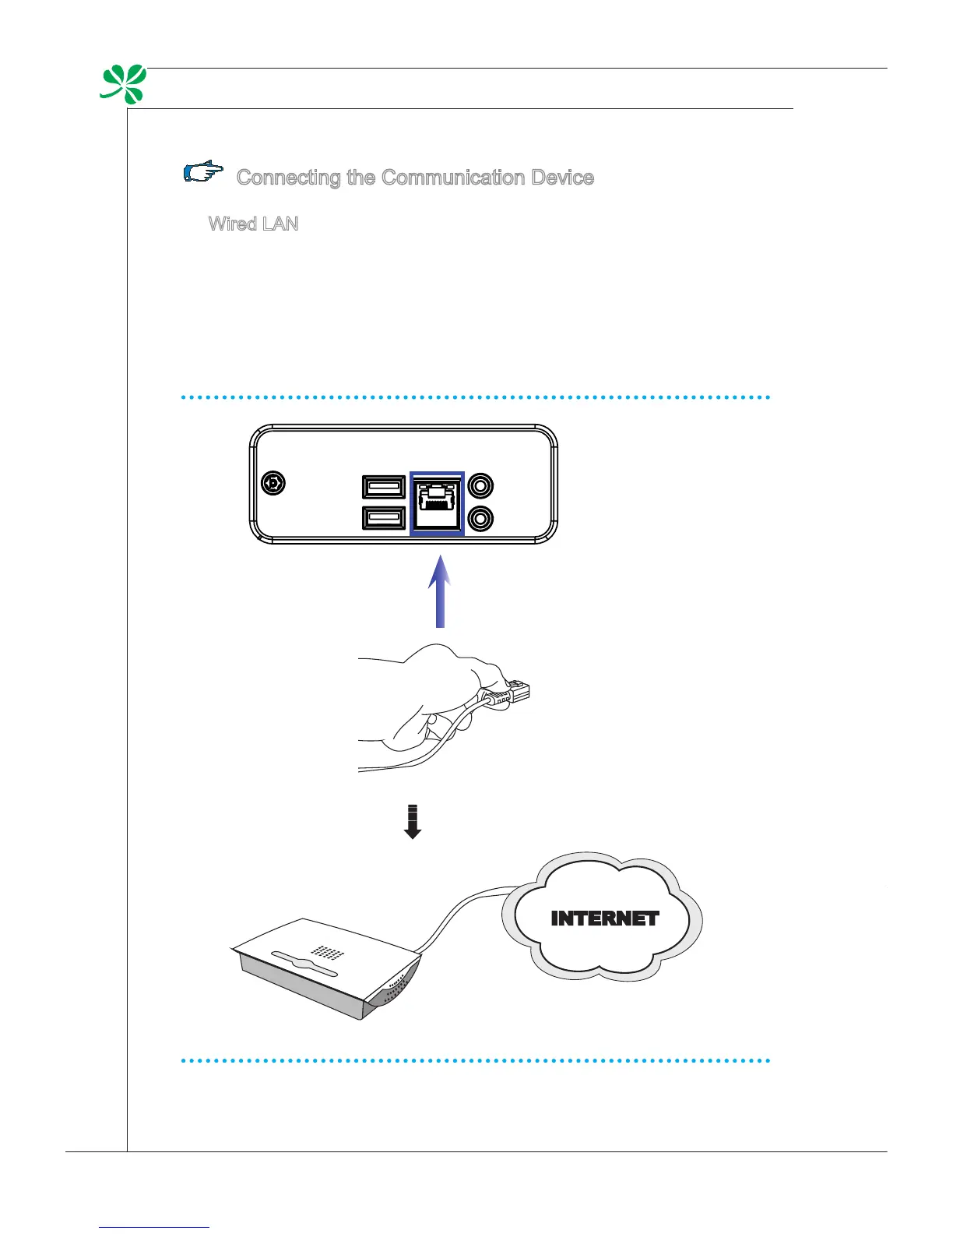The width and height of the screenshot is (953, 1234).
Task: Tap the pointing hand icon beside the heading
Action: pyautogui.click(x=203, y=172)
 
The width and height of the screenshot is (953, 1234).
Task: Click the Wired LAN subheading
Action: pyautogui.click(x=253, y=224)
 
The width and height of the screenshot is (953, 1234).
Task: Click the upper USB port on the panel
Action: pyautogui.click(x=383, y=487)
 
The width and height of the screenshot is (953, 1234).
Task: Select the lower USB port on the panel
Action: pyautogui.click(x=383, y=518)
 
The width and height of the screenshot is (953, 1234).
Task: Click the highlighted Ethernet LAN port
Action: pyautogui.click(x=437, y=503)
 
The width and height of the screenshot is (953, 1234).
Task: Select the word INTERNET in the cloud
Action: pyautogui.click(x=604, y=918)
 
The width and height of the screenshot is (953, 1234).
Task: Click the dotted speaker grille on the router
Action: pyautogui.click(x=327, y=952)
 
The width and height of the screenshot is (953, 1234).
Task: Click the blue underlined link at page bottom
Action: pyautogui.click(x=155, y=1227)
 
